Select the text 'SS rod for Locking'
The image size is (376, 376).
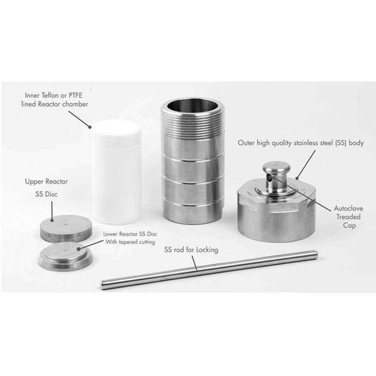pos(192,249)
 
